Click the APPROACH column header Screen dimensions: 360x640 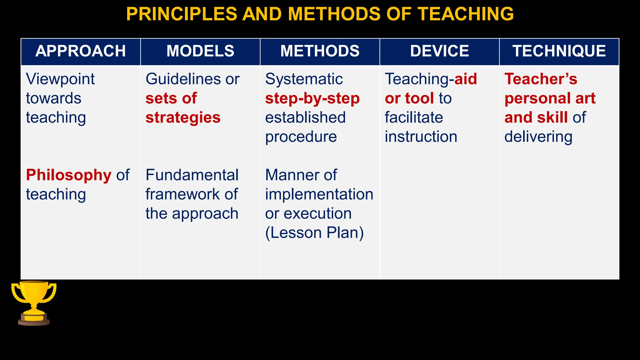[x=80, y=51]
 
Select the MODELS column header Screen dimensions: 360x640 [x=200, y=51]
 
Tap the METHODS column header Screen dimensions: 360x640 [x=320, y=51]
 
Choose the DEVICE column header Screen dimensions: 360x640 [x=439, y=51]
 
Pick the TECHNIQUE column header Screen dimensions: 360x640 [x=559, y=51]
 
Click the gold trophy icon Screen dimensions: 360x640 [x=34, y=302]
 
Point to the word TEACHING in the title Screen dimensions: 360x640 [x=466, y=14]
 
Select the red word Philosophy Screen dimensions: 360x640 [x=68, y=175]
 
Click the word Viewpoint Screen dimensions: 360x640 [x=60, y=79]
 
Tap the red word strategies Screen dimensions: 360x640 [x=183, y=117]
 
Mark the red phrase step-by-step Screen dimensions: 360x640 [x=312, y=98]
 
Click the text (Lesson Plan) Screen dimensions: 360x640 [x=314, y=233]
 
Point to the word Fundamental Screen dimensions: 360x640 [x=192, y=175]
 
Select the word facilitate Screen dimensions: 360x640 [x=414, y=117]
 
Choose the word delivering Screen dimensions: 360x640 [x=538, y=137]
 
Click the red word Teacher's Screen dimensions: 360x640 [x=541, y=79]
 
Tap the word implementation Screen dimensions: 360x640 [x=319, y=194]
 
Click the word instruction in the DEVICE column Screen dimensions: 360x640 [x=421, y=137]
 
